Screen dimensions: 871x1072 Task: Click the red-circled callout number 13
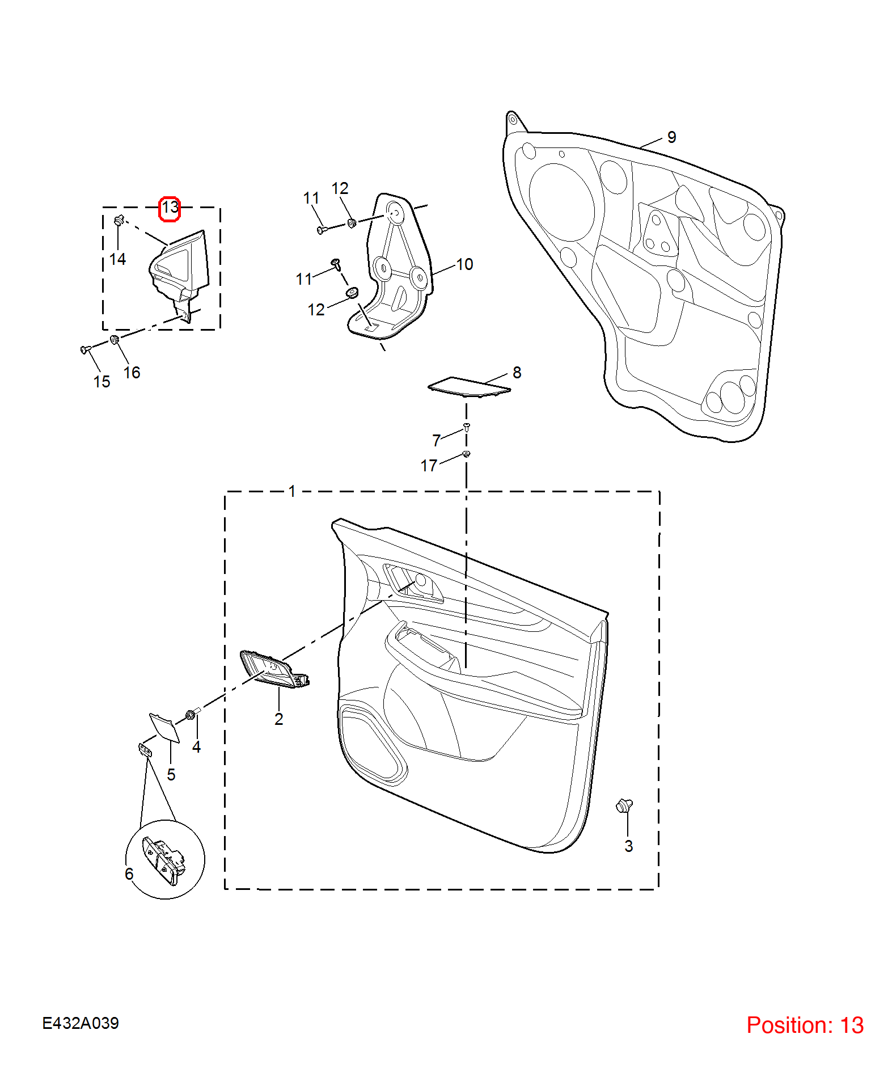pyautogui.click(x=170, y=208)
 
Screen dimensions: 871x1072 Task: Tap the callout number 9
pyautogui.click(x=671, y=137)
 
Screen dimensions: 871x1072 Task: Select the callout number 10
pyautogui.click(x=464, y=264)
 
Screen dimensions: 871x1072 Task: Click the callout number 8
pyautogui.click(x=517, y=373)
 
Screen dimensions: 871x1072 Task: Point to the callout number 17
pyautogui.click(x=429, y=466)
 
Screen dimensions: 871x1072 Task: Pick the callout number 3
pyautogui.click(x=628, y=846)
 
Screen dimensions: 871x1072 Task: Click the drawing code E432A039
pyautogui.click(x=81, y=1023)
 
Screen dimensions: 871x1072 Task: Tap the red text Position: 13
pyautogui.click(x=805, y=1025)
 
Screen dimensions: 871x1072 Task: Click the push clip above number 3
pyautogui.click(x=624, y=805)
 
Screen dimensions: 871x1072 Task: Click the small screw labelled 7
pyautogui.click(x=467, y=427)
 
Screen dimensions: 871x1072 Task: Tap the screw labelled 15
pyautogui.click(x=86, y=349)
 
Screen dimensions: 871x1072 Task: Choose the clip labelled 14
pyautogui.click(x=119, y=220)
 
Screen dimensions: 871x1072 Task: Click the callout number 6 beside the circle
pyautogui.click(x=129, y=874)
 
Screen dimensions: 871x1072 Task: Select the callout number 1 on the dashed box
pyautogui.click(x=292, y=491)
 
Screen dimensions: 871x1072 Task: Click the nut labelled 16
pyautogui.click(x=114, y=340)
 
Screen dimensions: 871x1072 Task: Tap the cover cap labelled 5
pyautogui.click(x=164, y=728)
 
